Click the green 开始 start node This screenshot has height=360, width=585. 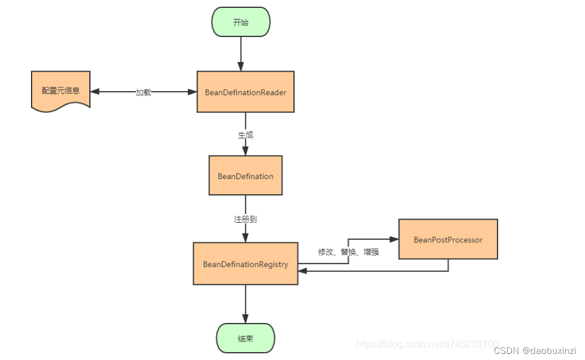pos(241,22)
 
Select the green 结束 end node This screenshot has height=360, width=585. pos(245,338)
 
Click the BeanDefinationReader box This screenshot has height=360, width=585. pos(245,92)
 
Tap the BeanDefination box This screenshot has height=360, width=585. pos(245,176)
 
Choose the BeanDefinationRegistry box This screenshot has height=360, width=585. pos(245,264)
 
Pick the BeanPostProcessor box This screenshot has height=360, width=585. pos(448,240)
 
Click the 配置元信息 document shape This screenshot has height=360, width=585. pos(60,91)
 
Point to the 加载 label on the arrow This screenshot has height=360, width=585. pos(143,92)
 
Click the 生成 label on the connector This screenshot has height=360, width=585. pos(245,135)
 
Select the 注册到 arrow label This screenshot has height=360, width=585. pos(245,219)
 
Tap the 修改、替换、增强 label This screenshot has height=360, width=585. pos(348,251)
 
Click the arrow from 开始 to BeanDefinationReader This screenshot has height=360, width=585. pos(241,53)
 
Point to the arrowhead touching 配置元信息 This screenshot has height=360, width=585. pos(95,92)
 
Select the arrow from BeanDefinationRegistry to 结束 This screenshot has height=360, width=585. pos(245,304)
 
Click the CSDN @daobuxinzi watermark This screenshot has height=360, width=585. pos(535,351)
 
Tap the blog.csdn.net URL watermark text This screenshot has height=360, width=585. pos(427,344)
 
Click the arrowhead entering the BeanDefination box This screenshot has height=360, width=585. pos(245,152)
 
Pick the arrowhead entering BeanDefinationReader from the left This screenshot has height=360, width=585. pos(193,92)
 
